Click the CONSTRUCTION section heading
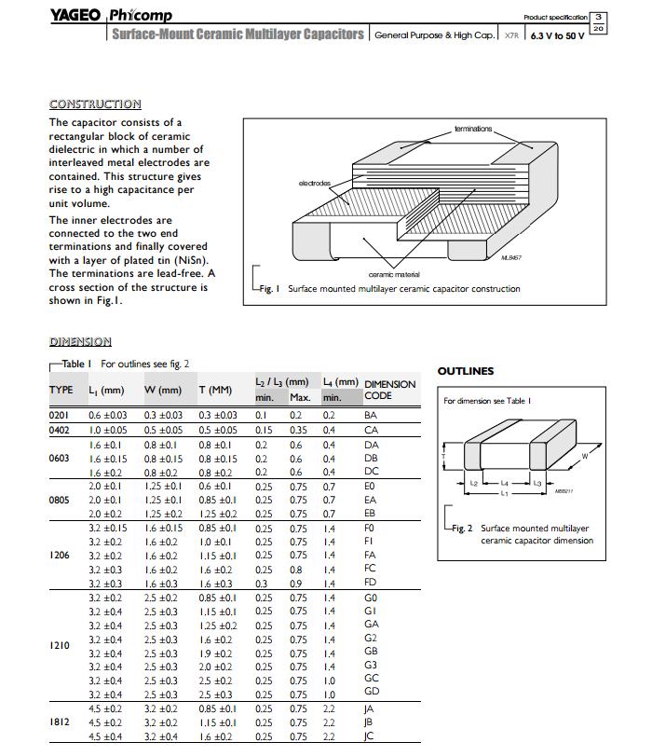coord(95,103)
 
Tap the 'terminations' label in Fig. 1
coord(473,128)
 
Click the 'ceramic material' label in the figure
coord(394,274)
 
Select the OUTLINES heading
coord(466,371)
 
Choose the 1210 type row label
coord(60,644)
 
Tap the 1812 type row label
coord(60,722)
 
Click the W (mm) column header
coord(163,390)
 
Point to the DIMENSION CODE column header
coord(389,390)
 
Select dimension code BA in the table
coord(371,415)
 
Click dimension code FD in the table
coord(371,584)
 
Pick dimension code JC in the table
coord(370,737)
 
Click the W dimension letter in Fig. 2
coord(585,456)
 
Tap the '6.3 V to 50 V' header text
coord(557,35)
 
